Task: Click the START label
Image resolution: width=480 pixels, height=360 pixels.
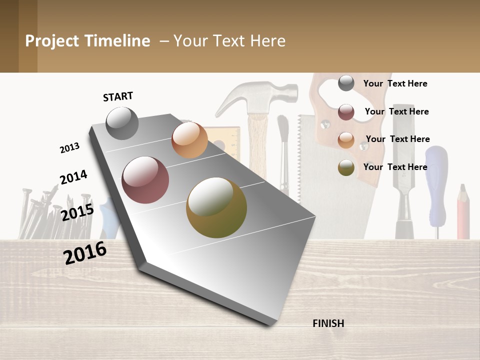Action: coord(118,96)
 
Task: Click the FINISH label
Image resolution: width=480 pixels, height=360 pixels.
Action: coord(328,323)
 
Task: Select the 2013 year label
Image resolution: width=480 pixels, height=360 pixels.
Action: coord(69,147)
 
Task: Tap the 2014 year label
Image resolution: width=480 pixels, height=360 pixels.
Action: coord(73,177)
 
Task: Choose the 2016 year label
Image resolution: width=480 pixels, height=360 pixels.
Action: coord(85,253)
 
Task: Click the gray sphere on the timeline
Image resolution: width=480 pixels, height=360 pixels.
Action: coord(122,123)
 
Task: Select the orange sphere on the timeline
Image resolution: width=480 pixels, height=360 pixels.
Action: coord(189,140)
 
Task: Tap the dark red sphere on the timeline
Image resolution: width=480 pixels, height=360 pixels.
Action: coord(145,180)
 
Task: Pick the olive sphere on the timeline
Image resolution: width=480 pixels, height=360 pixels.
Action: coord(216,207)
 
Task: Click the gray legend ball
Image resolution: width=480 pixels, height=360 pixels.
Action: coord(346,83)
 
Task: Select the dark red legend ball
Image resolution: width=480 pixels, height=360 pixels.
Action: coord(346,112)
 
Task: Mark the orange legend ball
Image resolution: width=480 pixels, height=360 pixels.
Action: coord(346,139)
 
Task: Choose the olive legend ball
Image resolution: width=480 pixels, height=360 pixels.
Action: coord(346,167)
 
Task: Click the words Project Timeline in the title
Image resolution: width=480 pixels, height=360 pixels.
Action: coord(87,41)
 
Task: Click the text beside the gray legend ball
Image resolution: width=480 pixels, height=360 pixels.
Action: coord(395,83)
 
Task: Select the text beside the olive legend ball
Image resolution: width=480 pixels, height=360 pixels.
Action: coord(395,167)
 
